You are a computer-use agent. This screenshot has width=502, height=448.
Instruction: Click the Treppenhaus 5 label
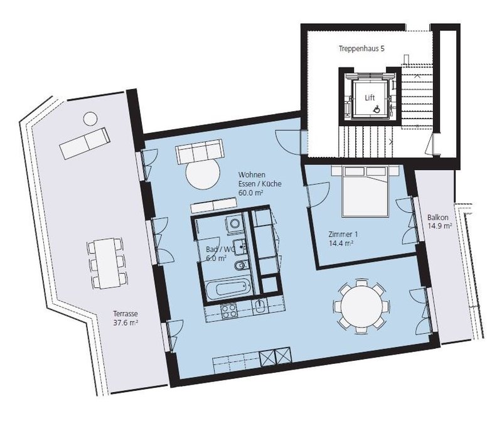pyautogui.click(x=361, y=49)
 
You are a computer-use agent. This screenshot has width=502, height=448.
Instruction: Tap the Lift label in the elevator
pyautogui.click(x=370, y=98)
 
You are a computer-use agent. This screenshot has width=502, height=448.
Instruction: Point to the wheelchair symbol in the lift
pyautogui.click(x=377, y=110)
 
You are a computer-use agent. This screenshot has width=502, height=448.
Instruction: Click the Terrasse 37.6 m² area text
pyautogui.click(x=125, y=318)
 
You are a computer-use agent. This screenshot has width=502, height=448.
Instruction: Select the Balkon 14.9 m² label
pyautogui.click(x=440, y=221)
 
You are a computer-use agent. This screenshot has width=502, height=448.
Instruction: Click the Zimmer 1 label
pyautogui.click(x=343, y=234)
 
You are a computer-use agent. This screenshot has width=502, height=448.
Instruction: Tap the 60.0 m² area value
pyautogui.click(x=250, y=193)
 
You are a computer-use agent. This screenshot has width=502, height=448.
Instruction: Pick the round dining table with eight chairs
pyautogui.click(x=361, y=306)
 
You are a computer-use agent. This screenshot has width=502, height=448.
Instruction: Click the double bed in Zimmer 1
pyautogui.click(x=365, y=191)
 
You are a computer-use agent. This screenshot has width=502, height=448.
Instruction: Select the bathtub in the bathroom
pyautogui.click(x=228, y=288)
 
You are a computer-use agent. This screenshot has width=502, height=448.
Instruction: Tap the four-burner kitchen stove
pyautogui.click(x=229, y=311)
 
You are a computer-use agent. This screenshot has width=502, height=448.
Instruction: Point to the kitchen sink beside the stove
pyautogui.click(x=259, y=307)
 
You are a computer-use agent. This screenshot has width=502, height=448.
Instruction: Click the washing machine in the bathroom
pyautogui.click(x=234, y=223)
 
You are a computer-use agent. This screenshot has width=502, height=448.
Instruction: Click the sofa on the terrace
pyautogui.click(x=85, y=143)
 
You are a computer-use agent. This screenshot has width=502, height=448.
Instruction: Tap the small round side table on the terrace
pyautogui.click(x=90, y=119)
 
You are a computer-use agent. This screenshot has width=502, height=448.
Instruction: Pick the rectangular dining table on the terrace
pyautogui.click(x=106, y=264)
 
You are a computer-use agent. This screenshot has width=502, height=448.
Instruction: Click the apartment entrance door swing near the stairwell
pyautogui.click(x=288, y=142)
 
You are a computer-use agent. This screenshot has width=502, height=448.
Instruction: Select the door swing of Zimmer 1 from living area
pyautogui.click(x=319, y=195)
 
